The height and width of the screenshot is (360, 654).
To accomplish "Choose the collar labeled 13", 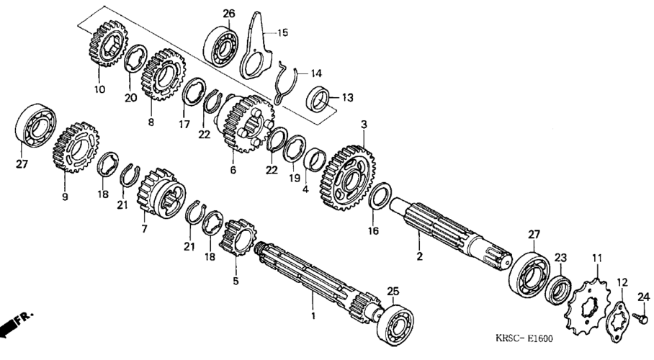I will pos(319,99).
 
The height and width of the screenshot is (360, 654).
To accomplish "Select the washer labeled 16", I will pos(380,197).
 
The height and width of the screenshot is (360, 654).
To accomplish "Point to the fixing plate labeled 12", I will pos(618,316).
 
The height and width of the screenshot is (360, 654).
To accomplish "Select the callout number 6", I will pos(233,171).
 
